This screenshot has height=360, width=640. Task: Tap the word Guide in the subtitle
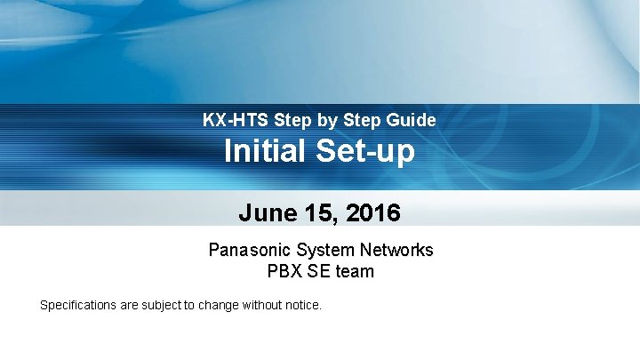[412, 119]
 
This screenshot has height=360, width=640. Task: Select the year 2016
[373, 213]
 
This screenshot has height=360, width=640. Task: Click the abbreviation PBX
[283, 272]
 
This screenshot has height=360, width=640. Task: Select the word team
[355, 272]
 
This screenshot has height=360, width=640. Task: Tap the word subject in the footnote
[160, 306]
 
